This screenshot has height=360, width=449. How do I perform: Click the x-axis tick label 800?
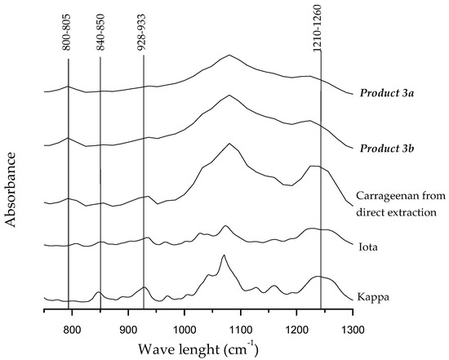click(72, 329)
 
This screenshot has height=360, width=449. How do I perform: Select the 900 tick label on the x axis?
click(128, 329)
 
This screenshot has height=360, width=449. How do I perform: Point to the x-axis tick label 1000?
click(184, 329)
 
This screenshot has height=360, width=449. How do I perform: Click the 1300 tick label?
click(353, 329)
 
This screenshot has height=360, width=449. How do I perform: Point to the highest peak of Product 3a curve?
click(229, 56)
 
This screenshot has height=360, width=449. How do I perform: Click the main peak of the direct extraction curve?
click(230, 144)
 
